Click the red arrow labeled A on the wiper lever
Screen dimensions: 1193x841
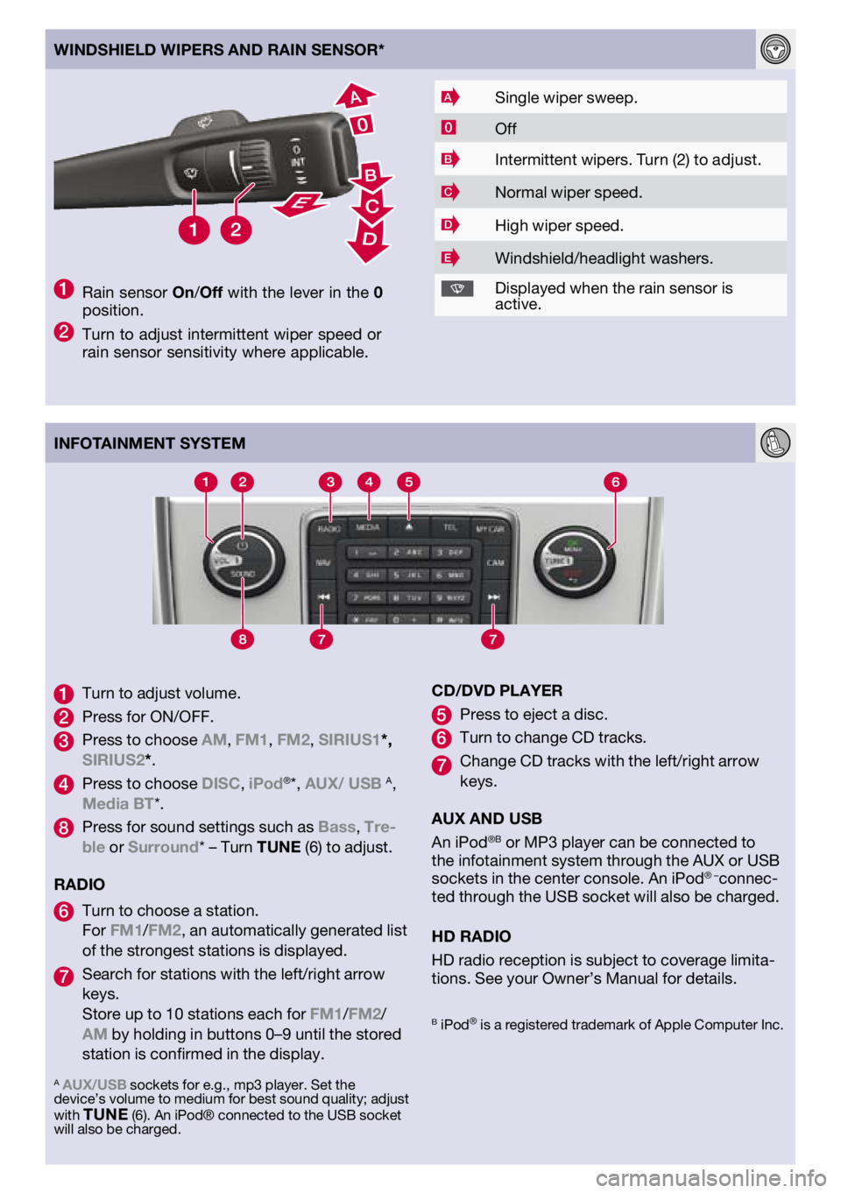pos(356,96)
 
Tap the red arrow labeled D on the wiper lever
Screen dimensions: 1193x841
pos(369,240)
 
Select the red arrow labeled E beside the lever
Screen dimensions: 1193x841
pos(300,205)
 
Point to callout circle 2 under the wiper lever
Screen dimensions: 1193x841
pos(236,230)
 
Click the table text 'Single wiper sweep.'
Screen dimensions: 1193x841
pos(566,98)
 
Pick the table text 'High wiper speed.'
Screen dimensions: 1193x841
pos(559,226)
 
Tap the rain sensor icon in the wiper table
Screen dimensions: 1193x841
pos(456,288)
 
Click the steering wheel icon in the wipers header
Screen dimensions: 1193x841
pos(775,49)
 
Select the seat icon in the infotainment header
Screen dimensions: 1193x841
pos(775,442)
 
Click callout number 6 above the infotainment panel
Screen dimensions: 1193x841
pos(615,482)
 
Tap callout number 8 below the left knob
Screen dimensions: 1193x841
pos(243,639)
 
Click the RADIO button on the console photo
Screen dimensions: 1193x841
pos(329,529)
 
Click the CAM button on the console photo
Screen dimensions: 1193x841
pos(495,562)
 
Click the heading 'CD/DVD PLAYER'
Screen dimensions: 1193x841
pos(497,691)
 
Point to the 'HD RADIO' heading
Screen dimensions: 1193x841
pos(471,936)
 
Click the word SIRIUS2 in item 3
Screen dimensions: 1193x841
pos(113,759)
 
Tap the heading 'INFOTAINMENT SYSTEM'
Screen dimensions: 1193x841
pos(150,443)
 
